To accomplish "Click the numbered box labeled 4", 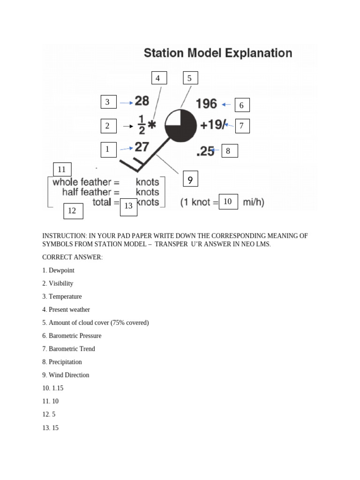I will (x=159, y=78).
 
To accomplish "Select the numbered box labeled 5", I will (x=190, y=78).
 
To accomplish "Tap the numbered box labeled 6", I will (x=242, y=105).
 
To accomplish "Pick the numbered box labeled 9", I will (x=190, y=180).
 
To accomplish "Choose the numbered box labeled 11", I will (x=62, y=170).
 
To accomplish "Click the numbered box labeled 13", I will (x=128, y=206).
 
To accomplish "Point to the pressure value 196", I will (x=206, y=104).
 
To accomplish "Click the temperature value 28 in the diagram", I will (x=142, y=101).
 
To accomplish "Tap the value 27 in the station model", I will (x=142, y=147).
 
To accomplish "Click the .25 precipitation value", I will (x=206, y=151).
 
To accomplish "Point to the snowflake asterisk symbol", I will (x=152, y=125).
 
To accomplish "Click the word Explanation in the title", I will (x=258, y=53).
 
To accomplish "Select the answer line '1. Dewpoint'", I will (x=59, y=270).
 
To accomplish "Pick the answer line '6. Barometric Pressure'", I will (x=72, y=336).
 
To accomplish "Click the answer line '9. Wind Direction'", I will (x=66, y=375).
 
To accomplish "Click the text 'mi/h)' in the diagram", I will (x=253, y=202).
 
